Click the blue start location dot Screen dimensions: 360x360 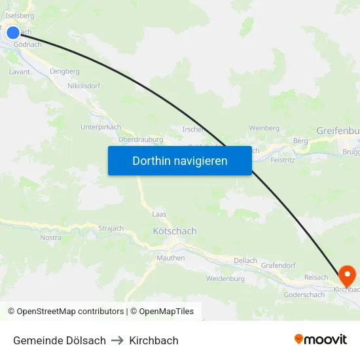pyautogui.click(x=12, y=33)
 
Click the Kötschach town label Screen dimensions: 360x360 pyautogui.click(x=174, y=231)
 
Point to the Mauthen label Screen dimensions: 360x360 pyautogui.click(x=171, y=258)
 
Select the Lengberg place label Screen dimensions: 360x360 pyautogui.click(x=65, y=71)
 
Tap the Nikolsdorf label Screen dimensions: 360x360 pyautogui.click(x=84, y=86)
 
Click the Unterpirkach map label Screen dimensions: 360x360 pyautogui.click(x=101, y=127)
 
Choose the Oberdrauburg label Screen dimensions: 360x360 pyautogui.click(x=140, y=139)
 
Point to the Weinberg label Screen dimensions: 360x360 pyautogui.click(x=264, y=128)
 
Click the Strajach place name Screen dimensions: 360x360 pyautogui.click(x=111, y=228)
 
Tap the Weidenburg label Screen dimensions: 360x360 pyautogui.click(x=225, y=278)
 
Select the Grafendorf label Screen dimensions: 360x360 pyautogui.click(x=278, y=265)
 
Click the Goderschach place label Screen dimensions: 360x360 pyautogui.click(x=304, y=295)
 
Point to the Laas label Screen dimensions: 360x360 pyautogui.click(x=159, y=214)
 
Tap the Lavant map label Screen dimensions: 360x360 pyautogui.click(x=20, y=72)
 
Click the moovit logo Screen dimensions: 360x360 pyautogui.click(x=321, y=339)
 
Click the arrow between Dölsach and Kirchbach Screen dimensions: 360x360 pyautogui.click(x=117, y=340)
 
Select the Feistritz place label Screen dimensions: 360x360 pyautogui.click(x=283, y=159)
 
